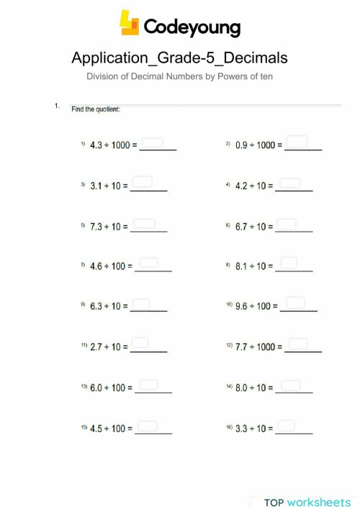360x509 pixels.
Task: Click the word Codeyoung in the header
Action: pyautogui.click(x=192, y=27)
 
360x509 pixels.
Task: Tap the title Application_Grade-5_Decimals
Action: pyautogui.click(x=180, y=58)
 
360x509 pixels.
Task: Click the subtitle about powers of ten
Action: pyautogui.click(x=180, y=76)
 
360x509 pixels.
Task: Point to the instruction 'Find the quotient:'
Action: pyautogui.click(x=96, y=109)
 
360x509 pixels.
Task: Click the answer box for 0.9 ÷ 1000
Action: pyautogui.click(x=299, y=142)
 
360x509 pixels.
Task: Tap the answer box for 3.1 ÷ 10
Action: pyautogui.click(x=143, y=181)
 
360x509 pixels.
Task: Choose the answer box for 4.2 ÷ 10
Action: pyautogui.click(x=289, y=183)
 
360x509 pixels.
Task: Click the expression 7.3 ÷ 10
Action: pyautogui.click(x=109, y=227)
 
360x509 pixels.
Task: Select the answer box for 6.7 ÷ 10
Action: pyautogui.click(x=287, y=224)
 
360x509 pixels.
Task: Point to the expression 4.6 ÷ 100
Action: pyautogui.click(x=111, y=266)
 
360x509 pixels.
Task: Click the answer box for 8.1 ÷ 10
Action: pyautogui.click(x=289, y=263)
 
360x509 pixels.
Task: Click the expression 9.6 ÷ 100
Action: pyautogui.click(x=256, y=307)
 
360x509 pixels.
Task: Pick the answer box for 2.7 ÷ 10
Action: pyautogui.click(x=140, y=344)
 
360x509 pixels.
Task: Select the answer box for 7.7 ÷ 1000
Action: pyautogui.click(x=299, y=344)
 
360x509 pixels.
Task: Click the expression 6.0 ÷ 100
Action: pyautogui.click(x=111, y=388)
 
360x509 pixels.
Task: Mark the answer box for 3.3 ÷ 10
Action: pyautogui.click(x=287, y=426)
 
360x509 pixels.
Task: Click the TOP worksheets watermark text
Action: pyautogui.click(x=307, y=502)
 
